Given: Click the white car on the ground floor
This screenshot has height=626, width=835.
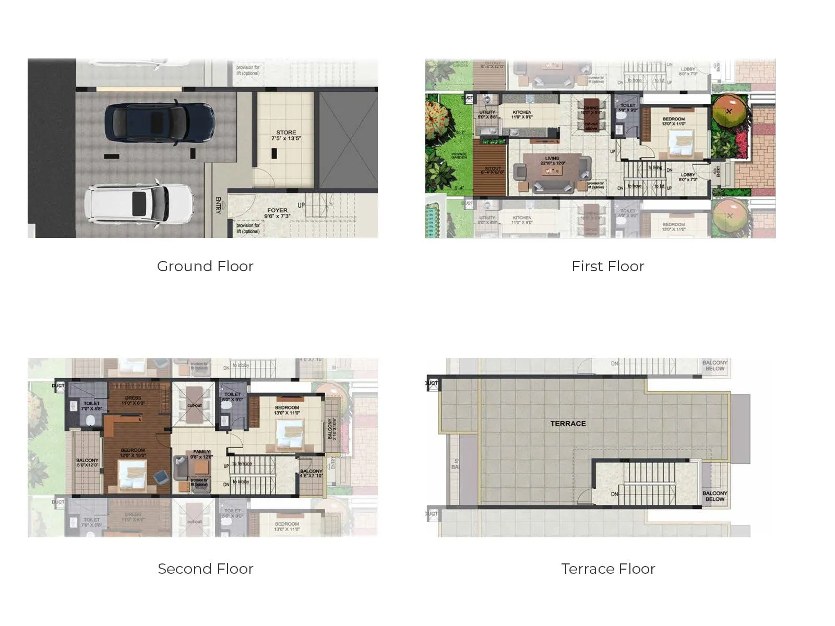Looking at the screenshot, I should pos(140,203).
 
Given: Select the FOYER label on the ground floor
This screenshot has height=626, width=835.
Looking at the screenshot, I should pos(277,213).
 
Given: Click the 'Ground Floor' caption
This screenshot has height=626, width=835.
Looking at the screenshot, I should pos(205,267).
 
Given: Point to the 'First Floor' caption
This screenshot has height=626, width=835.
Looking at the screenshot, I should pos(607,267).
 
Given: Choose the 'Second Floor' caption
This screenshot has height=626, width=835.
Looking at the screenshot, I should pos(205,569).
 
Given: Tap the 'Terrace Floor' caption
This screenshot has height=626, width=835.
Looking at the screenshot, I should pos(608,569).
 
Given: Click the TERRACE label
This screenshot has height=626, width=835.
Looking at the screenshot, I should pos(568,424).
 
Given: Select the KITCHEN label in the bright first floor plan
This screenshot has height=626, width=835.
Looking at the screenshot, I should pos(522,115).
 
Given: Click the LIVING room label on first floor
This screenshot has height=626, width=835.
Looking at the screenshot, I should pos(552,160).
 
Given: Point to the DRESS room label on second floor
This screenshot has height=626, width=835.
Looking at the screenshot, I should pos(133,400).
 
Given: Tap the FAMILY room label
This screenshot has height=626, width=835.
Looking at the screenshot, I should pos(201,454).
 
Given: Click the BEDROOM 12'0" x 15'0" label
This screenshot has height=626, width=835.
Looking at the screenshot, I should pos(133,452).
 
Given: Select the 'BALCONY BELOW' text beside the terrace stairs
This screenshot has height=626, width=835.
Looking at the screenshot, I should pos(714,496).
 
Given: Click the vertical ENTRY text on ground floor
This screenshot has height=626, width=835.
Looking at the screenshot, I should pos(218,205).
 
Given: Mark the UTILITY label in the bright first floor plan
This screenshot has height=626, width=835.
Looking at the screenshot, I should pos(487,115).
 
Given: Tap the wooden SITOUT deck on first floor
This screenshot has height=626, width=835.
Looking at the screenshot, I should pos(493,170).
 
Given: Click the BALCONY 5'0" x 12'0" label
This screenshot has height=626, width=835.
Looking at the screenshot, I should pos(87,462).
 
